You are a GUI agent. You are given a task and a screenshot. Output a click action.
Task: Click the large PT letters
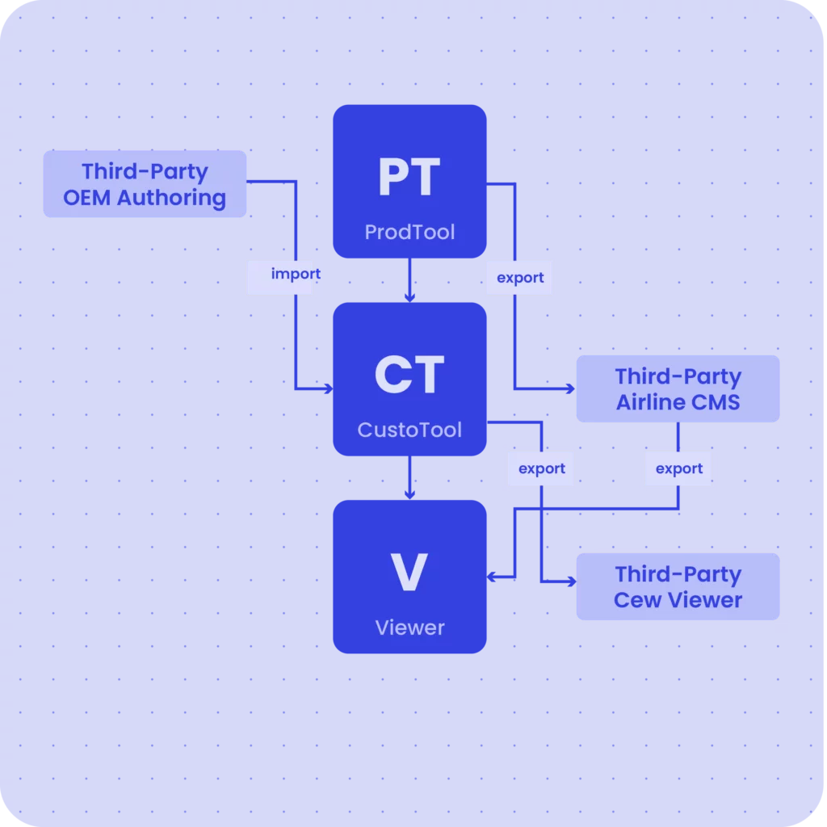coord(409,178)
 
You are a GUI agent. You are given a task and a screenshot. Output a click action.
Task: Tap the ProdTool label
coord(409,233)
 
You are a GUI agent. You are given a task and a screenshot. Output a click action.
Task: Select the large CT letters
coord(409,376)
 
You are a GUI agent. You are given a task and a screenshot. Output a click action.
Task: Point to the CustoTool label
coord(409,430)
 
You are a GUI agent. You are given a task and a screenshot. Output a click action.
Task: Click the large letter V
coord(409,573)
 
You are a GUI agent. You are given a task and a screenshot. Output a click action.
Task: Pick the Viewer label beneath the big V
coord(409,628)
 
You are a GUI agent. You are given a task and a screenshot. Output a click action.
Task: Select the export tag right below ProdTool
coord(519,277)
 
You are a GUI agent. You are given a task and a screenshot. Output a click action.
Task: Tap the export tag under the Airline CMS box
coord(678,468)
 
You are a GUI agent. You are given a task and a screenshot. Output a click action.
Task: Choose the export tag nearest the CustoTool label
coord(540,468)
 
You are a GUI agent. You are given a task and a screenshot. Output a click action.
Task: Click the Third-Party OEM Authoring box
coord(145,184)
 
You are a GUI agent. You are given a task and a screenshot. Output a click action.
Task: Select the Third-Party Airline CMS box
coord(678,388)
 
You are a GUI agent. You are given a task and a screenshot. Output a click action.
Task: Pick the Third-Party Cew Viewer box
coord(678,586)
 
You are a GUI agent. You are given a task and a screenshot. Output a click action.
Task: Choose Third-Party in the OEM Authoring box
coord(145,171)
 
